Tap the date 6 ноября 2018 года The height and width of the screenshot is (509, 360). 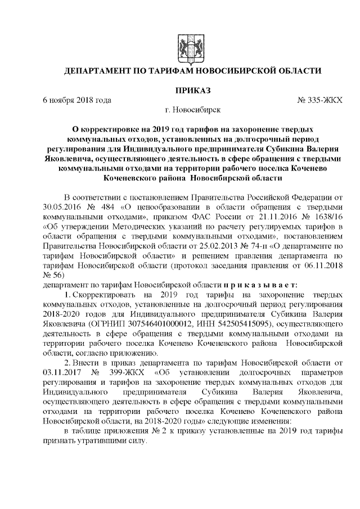[x=77, y=100]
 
